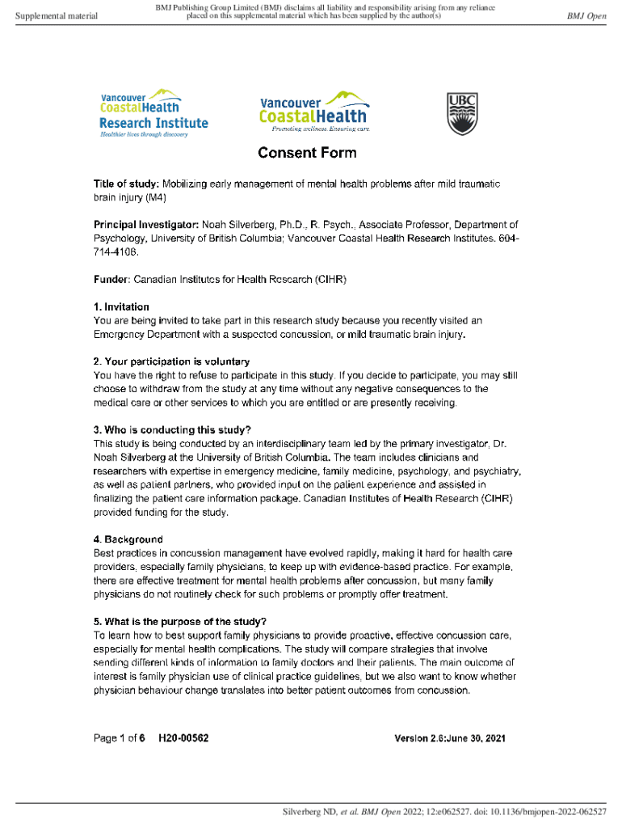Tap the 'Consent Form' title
tap(307, 153)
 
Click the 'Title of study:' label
tap(126, 184)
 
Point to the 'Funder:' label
tap(111, 279)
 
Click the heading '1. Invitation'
tap(121, 306)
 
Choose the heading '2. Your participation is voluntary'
tap(171, 361)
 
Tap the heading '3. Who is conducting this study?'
tap(172, 429)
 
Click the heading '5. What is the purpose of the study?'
tap(179, 622)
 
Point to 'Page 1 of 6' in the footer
tap(119, 738)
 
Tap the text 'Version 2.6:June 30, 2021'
tap(449, 739)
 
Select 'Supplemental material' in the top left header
tap(57, 16)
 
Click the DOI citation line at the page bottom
tap(443, 811)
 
